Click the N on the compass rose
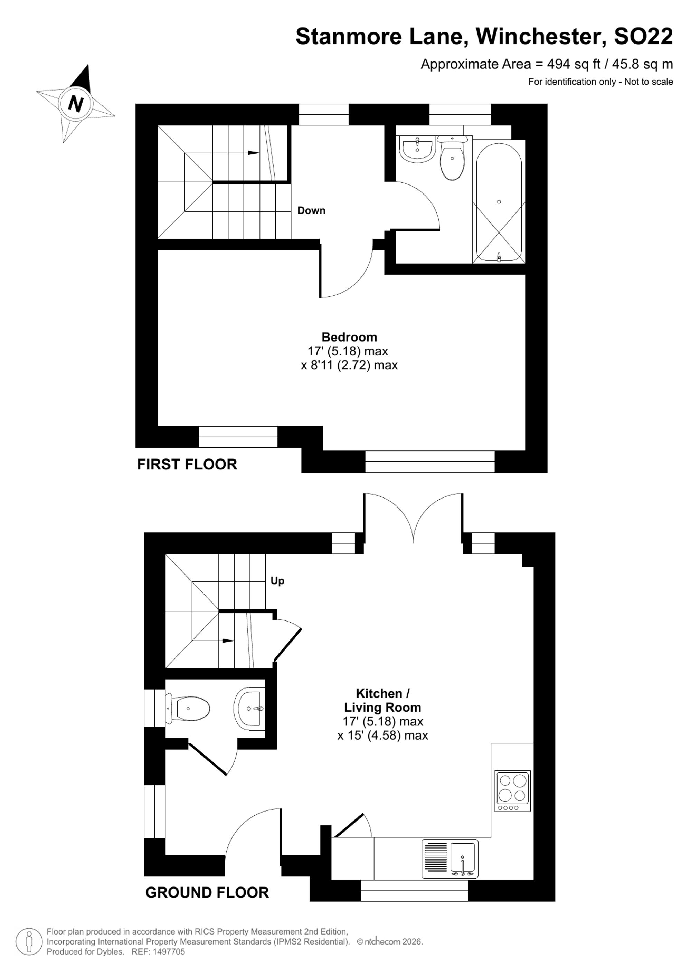(x=76, y=103)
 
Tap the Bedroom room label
(x=349, y=337)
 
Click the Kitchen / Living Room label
(x=382, y=700)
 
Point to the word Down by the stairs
(x=311, y=210)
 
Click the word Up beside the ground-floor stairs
(x=277, y=581)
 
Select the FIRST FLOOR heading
(x=187, y=464)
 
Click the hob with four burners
(x=513, y=791)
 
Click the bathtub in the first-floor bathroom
(x=499, y=202)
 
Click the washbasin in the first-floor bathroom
(x=418, y=149)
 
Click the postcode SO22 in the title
(x=643, y=36)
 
